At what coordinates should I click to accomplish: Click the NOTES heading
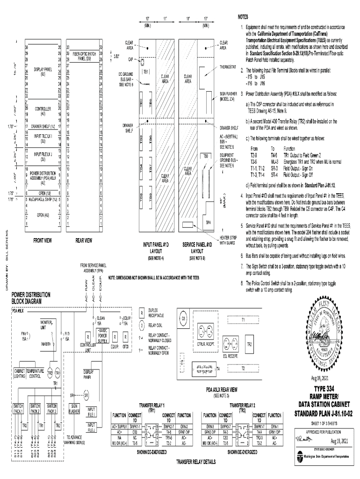point(243,17)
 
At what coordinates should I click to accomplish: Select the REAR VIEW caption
point(84,241)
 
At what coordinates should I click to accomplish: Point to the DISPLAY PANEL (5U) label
point(43,72)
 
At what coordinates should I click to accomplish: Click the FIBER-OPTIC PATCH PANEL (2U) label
point(84,56)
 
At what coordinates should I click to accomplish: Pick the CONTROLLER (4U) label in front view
point(43,110)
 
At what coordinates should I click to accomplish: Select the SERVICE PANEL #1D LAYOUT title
point(195,247)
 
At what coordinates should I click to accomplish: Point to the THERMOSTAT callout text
point(229,67)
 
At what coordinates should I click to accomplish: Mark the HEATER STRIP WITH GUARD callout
point(228,240)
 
